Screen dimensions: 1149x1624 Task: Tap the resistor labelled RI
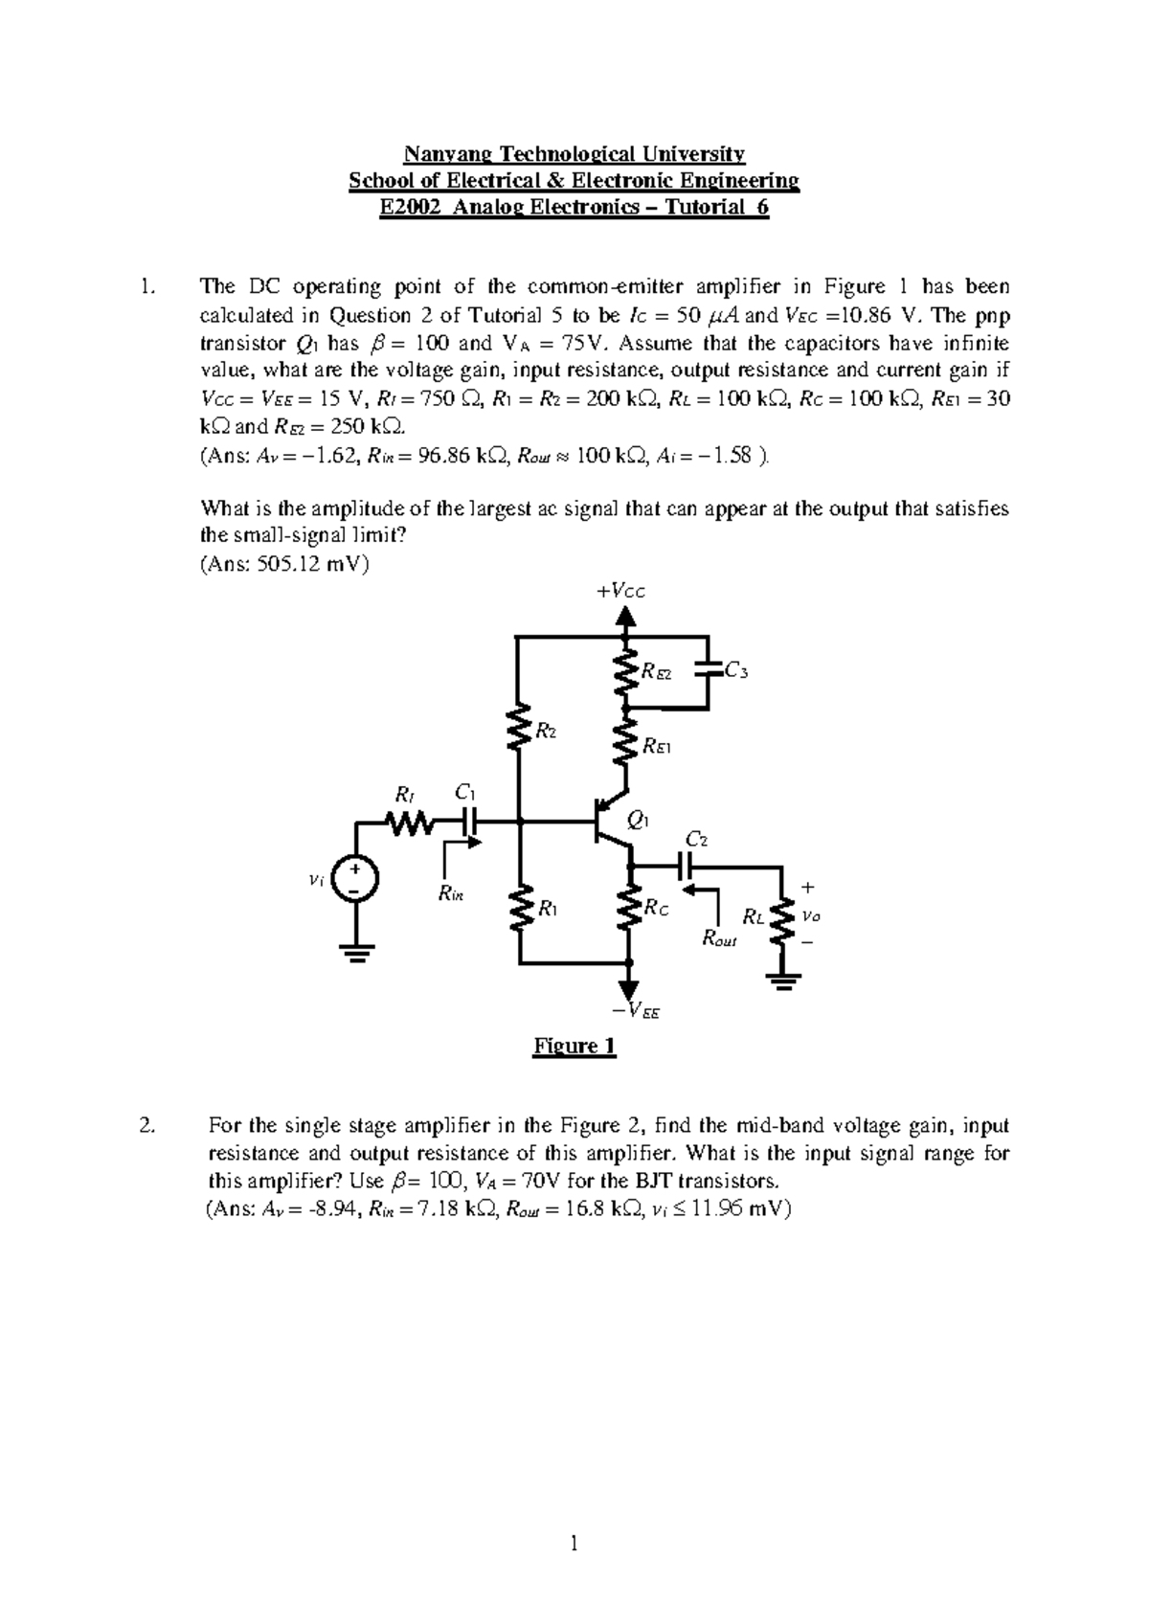click(x=410, y=822)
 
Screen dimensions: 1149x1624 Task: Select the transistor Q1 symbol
click(x=609, y=822)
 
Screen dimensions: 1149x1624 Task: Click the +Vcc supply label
click(x=620, y=591)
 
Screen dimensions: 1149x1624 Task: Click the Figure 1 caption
click(x=574, y=1046)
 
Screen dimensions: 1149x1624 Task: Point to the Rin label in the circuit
click(x=449, y=893)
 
